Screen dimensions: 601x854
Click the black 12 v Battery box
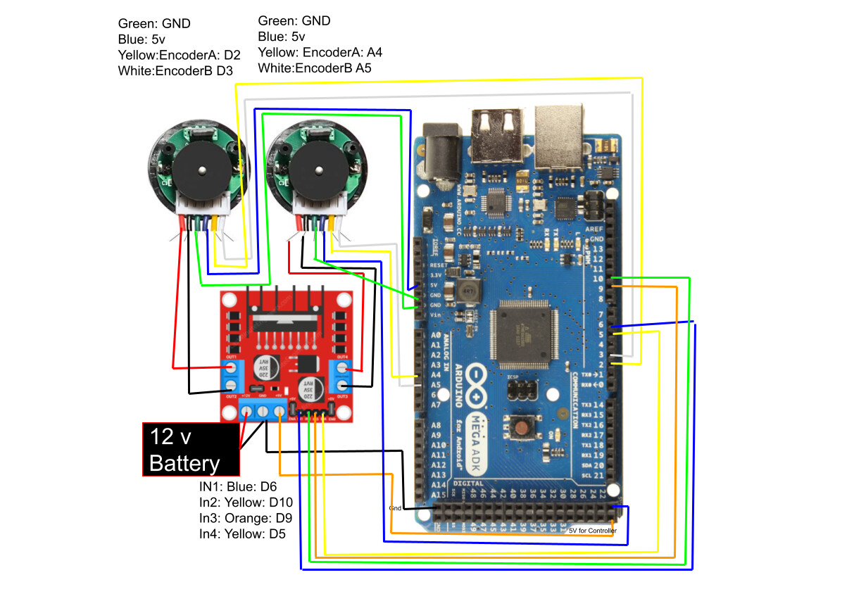click(x=190, y=449)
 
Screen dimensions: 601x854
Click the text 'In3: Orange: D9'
click(x=246, y=518)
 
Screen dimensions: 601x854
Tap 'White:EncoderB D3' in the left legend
click(x=176, y=71)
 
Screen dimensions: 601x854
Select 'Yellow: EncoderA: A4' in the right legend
click(x=320, y=53)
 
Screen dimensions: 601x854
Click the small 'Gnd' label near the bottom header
click(x=396, y=507)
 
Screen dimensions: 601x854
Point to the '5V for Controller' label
click(x=592, y=531)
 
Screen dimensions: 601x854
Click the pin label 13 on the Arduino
click(x=598, y=250)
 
